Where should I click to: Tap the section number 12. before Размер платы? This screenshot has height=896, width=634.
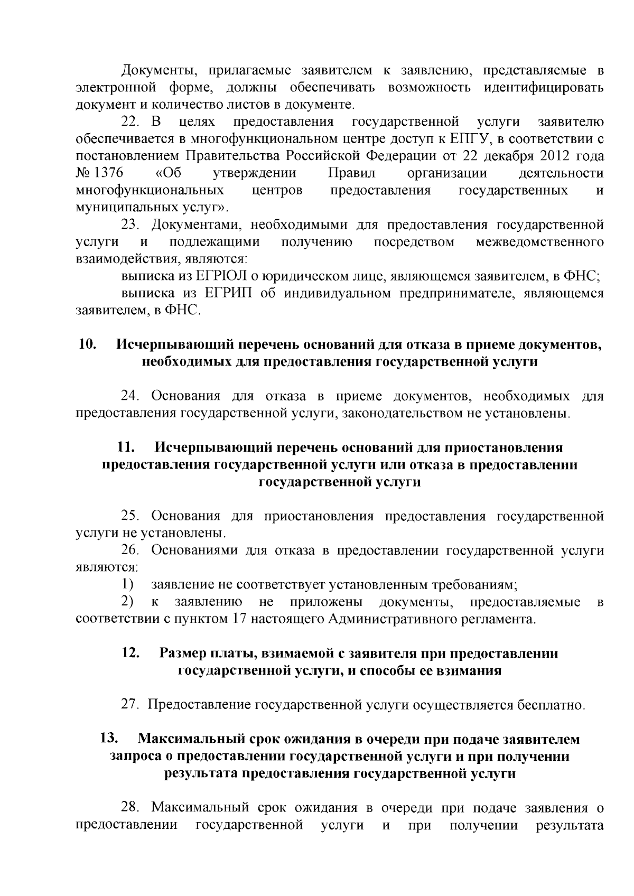130,653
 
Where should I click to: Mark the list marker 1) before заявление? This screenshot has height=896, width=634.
127,584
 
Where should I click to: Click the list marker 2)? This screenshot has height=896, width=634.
127,601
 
